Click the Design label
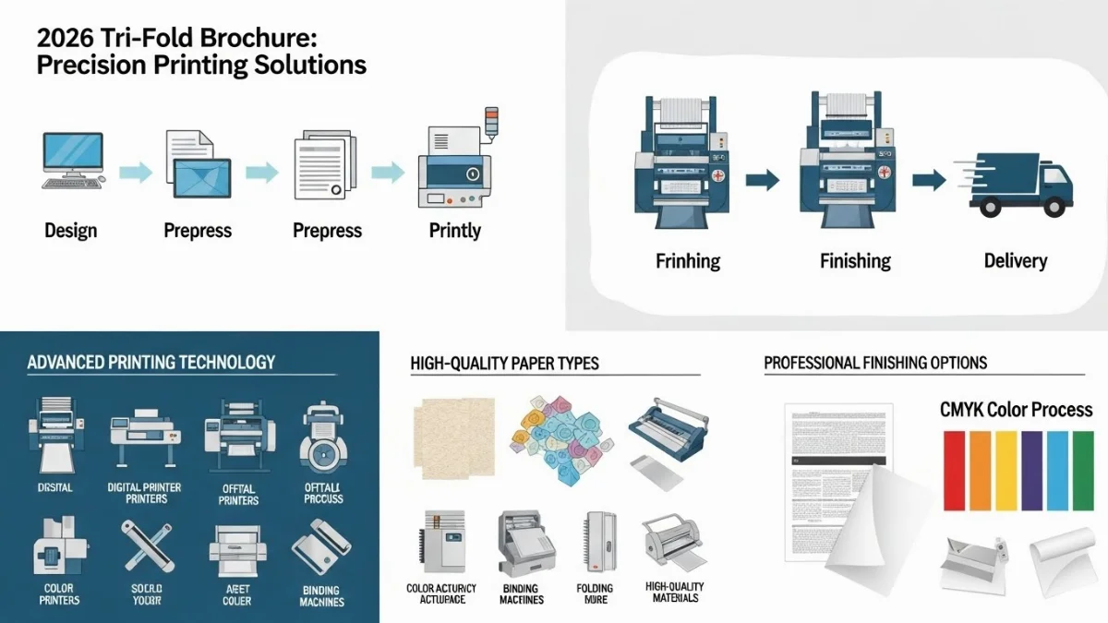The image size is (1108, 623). tap(71, 230)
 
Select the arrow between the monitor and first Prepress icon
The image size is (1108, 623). tap(135, 171)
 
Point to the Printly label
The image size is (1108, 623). tap(455, 230)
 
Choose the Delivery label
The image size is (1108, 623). tap(1015, 261)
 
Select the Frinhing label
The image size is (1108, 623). tap(688, 261)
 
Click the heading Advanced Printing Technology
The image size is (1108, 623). tap(151, 362)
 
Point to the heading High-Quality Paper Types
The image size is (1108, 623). tap(504, 363)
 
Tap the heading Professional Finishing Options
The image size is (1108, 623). tap(875, 363)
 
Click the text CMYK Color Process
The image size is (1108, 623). tap(1016, 410)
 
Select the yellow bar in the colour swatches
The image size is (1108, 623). tap(1006, 473)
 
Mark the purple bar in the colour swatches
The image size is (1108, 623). tap(1032, 473)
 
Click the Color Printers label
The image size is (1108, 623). tap(58, 594)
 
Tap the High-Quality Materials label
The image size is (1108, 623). tap(674, 593)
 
